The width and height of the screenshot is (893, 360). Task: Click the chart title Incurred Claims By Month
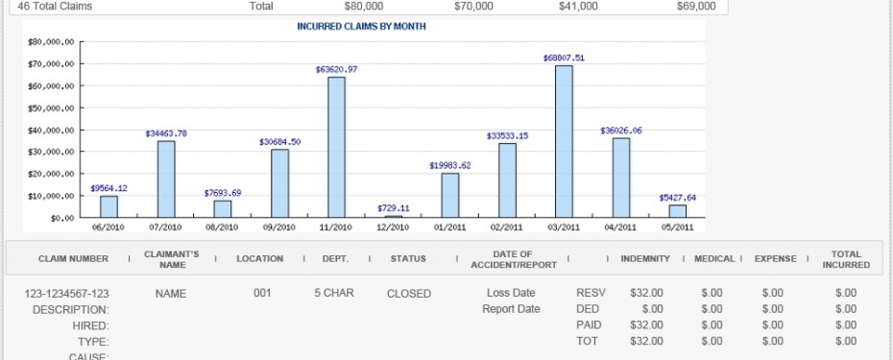coord(362,27)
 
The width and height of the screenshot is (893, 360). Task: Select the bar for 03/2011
coord(564,141)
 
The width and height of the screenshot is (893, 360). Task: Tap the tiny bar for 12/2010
coord(394,216)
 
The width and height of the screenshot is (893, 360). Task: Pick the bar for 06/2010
coord(109,206)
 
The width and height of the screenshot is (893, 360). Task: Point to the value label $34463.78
coord(166,132)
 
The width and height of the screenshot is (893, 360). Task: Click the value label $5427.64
coord(677,197)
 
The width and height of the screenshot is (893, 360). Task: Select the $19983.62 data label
coord(450,165)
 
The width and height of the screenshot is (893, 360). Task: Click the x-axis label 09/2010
coord(279,228)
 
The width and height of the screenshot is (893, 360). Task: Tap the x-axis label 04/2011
coord(621,228)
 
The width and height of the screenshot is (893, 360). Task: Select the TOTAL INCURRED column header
coord(846,258)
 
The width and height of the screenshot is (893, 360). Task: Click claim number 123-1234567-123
coord(66,293)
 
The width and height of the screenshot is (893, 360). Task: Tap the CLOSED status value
coord(409,293)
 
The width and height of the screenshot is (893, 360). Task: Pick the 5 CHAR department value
coord(334,293)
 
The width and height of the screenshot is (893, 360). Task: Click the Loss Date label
coord(510,293)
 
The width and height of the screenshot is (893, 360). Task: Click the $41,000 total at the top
coord(577,6)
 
